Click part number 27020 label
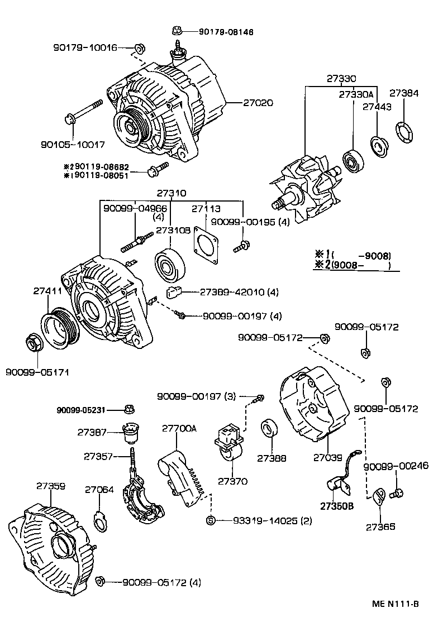tap(258, 103)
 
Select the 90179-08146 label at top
tap(226, 32)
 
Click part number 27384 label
tap(403, 93)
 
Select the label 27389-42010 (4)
tap(239, 292)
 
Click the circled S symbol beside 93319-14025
tap(211, 521)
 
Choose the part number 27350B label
tap(337, 506)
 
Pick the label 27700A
tap(180, 428)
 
